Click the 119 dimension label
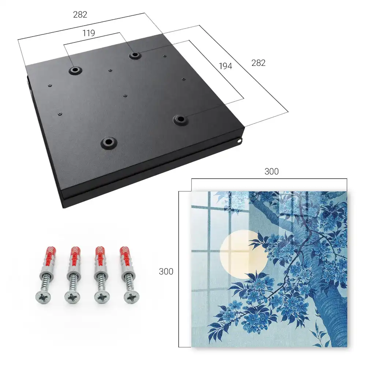click(89, 33)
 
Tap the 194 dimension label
click(225, 66)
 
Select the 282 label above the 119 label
click(80, 15)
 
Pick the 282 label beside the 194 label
click(258, 63)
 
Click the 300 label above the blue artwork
click(272, 172)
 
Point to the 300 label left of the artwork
click(166, 272)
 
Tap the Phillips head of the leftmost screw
click(43, 297)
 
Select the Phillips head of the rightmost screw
click(131, 297)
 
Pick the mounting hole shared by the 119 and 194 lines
click(134, 55)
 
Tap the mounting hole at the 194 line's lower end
click(180, 120)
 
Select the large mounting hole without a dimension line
click(109, 142)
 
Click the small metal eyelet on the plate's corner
click(240, 141)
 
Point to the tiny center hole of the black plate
click(125, 96)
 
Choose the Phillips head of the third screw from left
click(102, 297)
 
